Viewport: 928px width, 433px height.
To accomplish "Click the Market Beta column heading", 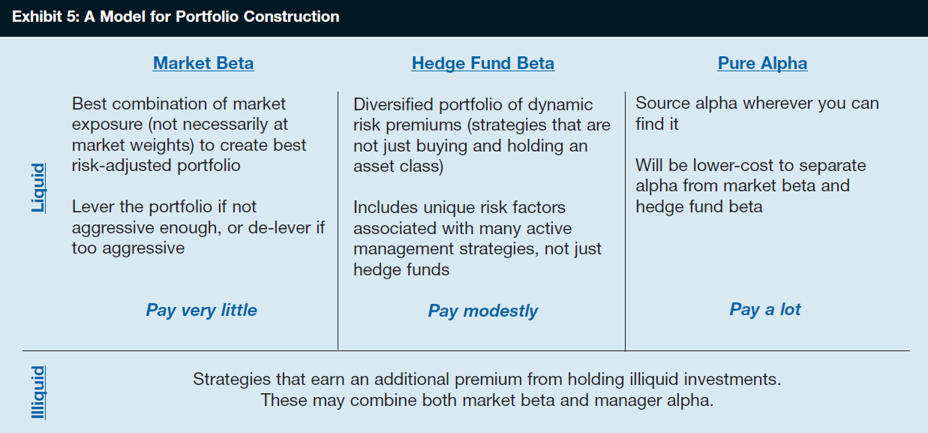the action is pyautogui.click(x=203, y=63).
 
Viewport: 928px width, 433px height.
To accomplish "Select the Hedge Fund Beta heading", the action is pyautogui.click(x=483, y=63).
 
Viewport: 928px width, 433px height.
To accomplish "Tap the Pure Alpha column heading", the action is pyautogui.click(x=763, y=63).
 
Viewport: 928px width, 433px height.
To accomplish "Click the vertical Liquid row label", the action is pyautogui.click(x=38, y=188).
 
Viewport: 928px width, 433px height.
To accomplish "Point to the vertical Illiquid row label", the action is pyautogui.click(x=38, y=392).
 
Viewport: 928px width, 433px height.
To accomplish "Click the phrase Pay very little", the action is pyautogui.click(x=201, y=311).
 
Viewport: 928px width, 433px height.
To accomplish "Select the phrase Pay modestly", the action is pyautogui.click(x=483, y=311).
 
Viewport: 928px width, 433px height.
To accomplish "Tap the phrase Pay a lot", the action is pyautogui.click(x=765, y=309).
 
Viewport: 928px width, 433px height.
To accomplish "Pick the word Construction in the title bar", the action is pyautogui.click(x=291, y=17).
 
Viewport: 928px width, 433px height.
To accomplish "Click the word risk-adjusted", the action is pyautogui.click(x=122, y=166).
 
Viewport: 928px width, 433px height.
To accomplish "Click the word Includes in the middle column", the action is pyautogui.click(x=386, y=208).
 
